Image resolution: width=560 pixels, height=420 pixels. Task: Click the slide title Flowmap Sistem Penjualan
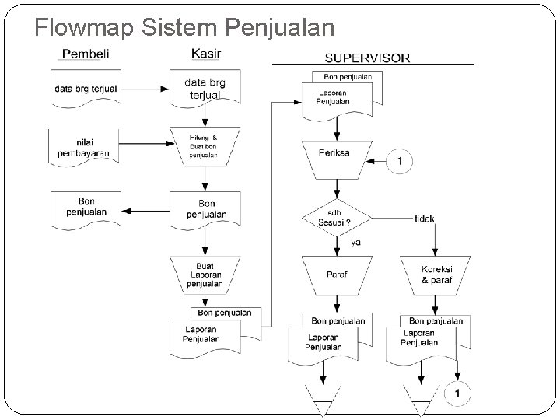(x=184, y=28)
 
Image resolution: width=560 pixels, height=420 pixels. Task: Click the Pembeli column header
(x=85, y=54)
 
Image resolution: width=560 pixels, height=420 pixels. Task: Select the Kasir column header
(x=205, y=53)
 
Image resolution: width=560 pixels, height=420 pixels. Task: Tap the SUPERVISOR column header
(x=367, y=58)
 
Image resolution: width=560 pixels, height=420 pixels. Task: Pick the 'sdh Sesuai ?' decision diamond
(x=335, y=219)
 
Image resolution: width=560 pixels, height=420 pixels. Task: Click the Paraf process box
(x=335, y=275)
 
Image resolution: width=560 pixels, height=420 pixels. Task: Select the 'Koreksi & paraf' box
(x=436, y=275)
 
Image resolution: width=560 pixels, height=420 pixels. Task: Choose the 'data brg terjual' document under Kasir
(x=205, y=88)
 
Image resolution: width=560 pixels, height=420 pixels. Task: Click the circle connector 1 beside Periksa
(x=401, y=161)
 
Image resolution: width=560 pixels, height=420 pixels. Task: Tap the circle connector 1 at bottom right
(x=458, y=395)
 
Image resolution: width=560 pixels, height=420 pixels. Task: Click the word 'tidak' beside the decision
(x=425, y=219)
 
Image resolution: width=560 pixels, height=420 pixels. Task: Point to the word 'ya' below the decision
(x=355, y=243)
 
